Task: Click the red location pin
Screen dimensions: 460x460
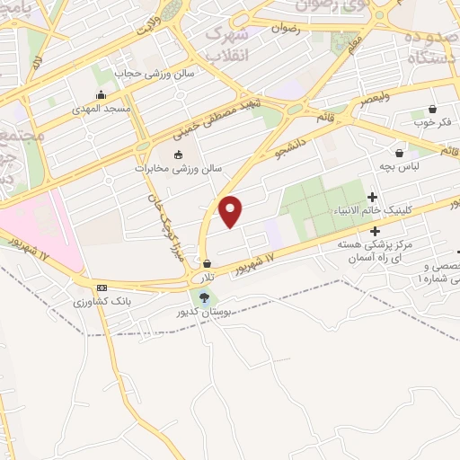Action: point(232,211)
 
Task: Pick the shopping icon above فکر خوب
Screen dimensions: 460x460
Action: point(434,108)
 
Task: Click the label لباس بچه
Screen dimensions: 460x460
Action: point(399,167)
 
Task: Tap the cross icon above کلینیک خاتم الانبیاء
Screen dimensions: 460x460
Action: point(373,197)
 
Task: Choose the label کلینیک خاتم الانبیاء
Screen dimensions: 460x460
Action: point(373,210)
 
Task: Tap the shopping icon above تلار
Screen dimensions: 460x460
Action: point(208,264)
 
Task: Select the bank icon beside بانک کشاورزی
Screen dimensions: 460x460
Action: point(102,287)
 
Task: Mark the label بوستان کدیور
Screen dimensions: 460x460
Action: point(207,312)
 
